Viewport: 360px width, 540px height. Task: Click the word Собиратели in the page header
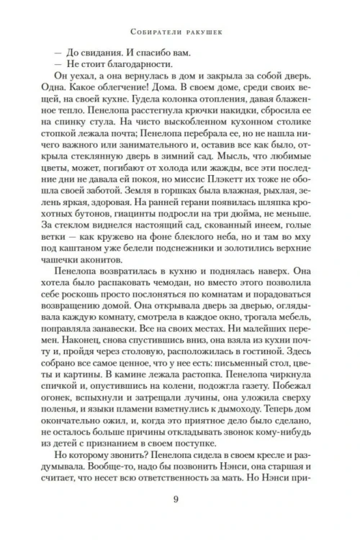[x=153, y=31]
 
